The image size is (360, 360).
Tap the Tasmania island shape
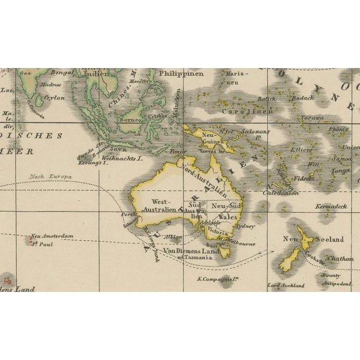(x=224, y=253)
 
